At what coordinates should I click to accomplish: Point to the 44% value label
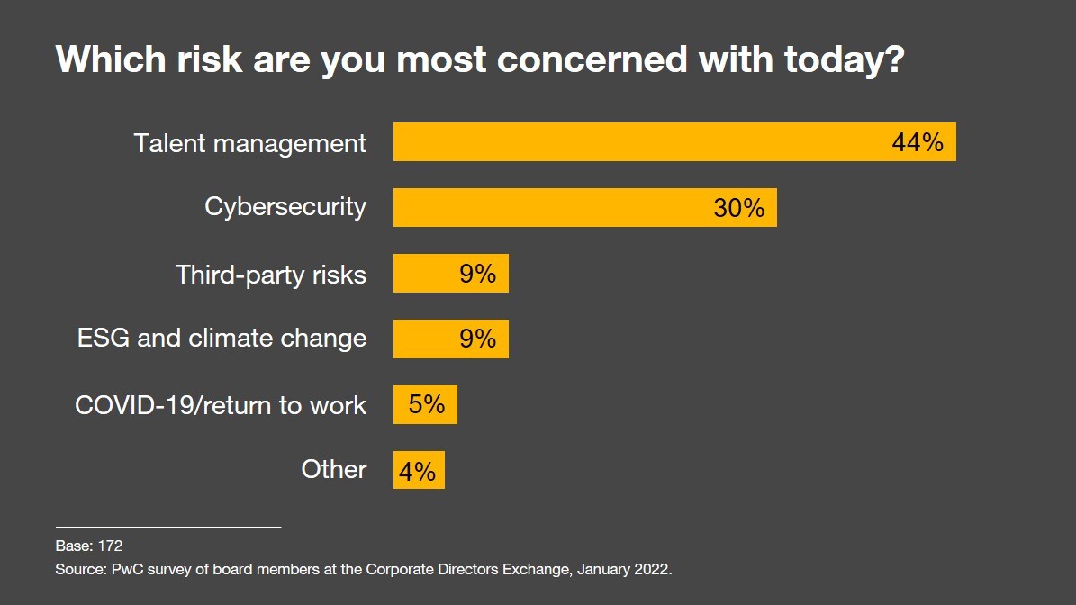point(917,142)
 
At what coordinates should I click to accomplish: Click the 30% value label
point(738,208)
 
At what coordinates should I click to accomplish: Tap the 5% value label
point(427,405)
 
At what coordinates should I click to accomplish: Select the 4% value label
point(418,471)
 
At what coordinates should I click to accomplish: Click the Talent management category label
point(250,143)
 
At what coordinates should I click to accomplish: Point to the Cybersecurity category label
point(285,207)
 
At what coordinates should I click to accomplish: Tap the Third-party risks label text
point(271,274)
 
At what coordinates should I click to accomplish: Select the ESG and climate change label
point(222,339)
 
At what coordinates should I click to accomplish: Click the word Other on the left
point(334,469)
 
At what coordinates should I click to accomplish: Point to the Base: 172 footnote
point(89,546)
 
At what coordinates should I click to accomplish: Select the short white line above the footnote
point(168,527)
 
